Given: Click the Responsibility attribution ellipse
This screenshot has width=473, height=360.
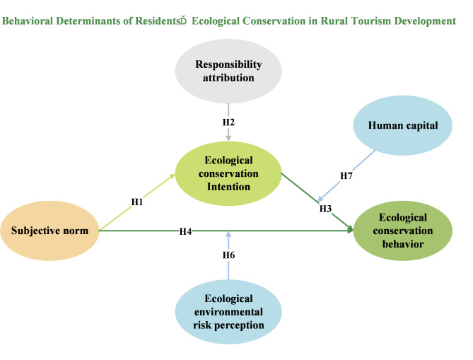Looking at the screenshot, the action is coord(228,71).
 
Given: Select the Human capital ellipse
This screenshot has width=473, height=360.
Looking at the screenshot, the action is coord(403,125).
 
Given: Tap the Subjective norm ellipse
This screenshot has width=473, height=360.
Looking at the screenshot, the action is coord(49,231).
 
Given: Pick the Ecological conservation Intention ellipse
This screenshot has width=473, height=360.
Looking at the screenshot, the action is coord(228,173).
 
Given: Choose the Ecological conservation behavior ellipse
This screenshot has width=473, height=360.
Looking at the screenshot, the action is coord(403,231).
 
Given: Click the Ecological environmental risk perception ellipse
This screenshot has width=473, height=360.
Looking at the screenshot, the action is coord(228,312).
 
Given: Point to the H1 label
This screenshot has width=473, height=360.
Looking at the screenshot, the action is coord(137,202).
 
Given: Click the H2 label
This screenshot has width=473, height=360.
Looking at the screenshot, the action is coord(228,122).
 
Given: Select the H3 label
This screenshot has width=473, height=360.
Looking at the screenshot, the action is coord(325,209).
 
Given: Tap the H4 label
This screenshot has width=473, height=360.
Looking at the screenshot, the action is coord(185,231).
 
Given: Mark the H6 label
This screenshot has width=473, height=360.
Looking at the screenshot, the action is coord(228,255).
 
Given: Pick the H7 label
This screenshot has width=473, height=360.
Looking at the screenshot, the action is coord(346,175).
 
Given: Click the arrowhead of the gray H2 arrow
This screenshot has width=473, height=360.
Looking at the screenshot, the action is coord(228,138).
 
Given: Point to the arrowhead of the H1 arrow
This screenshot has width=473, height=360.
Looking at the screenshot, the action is coord(172,176).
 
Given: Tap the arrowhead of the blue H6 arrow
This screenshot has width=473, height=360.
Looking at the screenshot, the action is coord(228,235).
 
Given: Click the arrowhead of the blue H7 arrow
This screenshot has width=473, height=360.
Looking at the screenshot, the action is coord(320,199).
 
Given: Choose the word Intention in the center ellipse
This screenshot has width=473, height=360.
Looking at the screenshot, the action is coord(228,187).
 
